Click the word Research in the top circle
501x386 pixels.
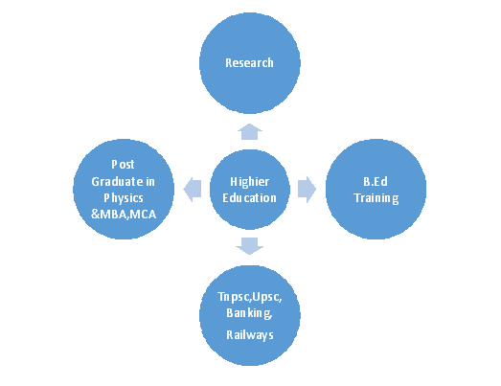pos(249,62)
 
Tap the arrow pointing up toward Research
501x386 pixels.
pos(250,131)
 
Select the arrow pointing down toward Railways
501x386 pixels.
pos(249,246)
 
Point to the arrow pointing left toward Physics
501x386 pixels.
pos(193,189)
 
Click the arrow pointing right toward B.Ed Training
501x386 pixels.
pos(307,189)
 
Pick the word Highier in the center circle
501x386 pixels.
pos(249,181)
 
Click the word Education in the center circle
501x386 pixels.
pos(249,198)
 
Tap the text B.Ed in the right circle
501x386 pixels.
pos(376,181)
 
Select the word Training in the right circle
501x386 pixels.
pos(376,198)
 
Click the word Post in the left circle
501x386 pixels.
pos(123,164)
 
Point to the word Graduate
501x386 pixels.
pos(117,181)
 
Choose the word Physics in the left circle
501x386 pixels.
pos(124,198)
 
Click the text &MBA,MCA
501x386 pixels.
pos(124,215)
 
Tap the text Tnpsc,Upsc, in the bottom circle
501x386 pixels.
pos(249,297)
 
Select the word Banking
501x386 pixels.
pos(249,313)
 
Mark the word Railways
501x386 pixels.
pos(250,335)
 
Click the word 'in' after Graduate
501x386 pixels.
pos(150,181)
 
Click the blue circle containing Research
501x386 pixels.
pos(250,63)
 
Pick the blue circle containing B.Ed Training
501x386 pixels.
pos(376,189)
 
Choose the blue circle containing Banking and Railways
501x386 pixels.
pos(250,315)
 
